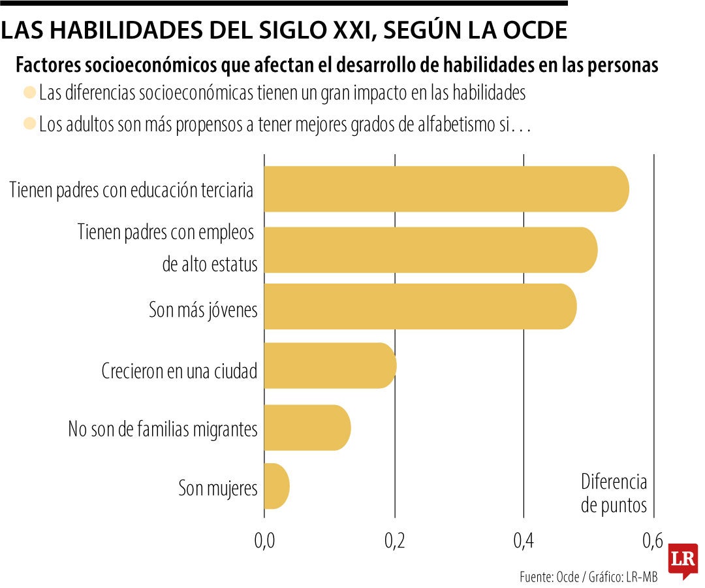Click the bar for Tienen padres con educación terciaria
coord(446,189)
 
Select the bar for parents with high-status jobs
coord(430,250)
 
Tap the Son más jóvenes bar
coord(420,306)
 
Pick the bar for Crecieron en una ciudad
coord(330,365)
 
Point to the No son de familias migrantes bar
coord(307,428)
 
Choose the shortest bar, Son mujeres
coord(276,486)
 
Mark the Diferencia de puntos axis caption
coord(614,494)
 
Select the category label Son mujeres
coord(218,487)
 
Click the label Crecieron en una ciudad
coord(180,371)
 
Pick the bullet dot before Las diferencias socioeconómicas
coord(29,93)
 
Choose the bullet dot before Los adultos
coord(29,123)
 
